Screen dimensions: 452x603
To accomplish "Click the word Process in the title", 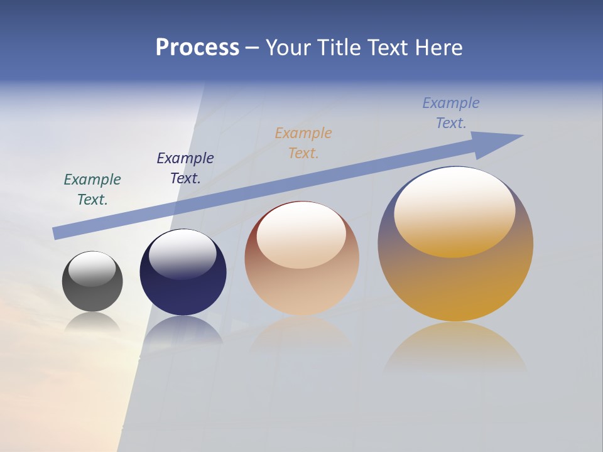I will (197, 48).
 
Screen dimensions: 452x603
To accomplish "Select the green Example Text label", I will (92, 190).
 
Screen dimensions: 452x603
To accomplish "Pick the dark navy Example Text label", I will (185, 168).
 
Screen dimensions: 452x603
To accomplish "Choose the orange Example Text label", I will (303, 143).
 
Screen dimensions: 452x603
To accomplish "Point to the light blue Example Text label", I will (451, 113).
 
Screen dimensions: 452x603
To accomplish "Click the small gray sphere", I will (92, 295).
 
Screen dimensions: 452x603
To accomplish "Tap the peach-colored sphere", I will (301, 289).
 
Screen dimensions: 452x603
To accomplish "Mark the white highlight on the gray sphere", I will (92, 269).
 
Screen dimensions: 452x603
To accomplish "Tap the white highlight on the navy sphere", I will (183, 254).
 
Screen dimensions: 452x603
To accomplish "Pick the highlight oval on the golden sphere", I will (455, 212).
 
